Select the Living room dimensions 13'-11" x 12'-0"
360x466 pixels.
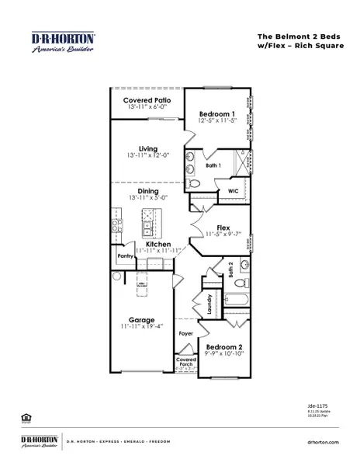147,156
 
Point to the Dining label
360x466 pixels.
147,191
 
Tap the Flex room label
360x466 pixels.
223,228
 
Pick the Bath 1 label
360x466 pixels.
213,165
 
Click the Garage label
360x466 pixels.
141,319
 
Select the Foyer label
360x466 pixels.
185,333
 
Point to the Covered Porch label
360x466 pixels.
185,361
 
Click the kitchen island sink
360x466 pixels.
147,229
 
